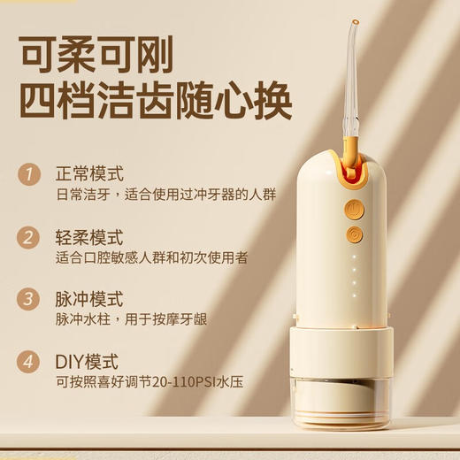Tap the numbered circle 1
coord(31,173)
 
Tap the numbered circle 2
coord(31,237)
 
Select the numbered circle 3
coord(31,298)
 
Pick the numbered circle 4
coord(31,361)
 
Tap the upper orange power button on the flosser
coord(354,210)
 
